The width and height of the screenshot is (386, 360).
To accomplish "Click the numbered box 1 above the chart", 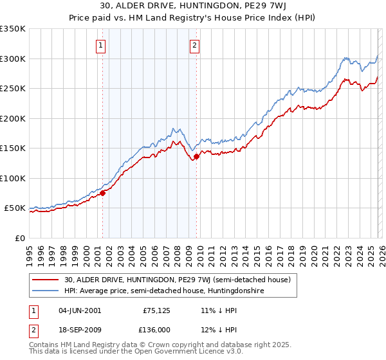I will click(102, 45).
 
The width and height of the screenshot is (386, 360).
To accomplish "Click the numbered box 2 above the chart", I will click(194, 45).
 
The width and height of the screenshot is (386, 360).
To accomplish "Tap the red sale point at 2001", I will click(102, 193).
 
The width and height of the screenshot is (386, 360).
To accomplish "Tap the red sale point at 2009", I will click(196, 156).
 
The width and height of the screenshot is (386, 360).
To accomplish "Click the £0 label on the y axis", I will click(19, 238).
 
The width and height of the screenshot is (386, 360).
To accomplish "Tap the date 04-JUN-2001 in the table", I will click(79, 310).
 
